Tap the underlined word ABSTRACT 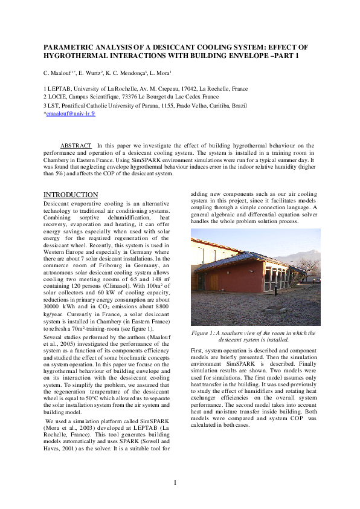click(76, 145)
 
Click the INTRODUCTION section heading click(71, 195)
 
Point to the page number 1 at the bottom click(175, 482)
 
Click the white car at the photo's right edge click(318, 280)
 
